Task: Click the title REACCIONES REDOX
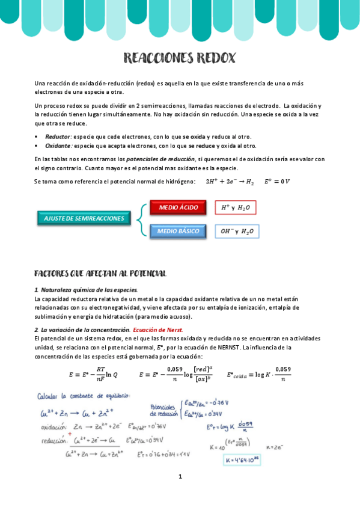(180, 58)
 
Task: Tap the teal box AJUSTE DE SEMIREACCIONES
(84, 218)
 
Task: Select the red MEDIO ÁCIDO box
(178, 207)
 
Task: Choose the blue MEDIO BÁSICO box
(178, 231)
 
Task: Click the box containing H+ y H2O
(235, 207)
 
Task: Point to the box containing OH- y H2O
(236, 231)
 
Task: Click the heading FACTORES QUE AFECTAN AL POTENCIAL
(100, 274)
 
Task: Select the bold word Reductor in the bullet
(58, 137)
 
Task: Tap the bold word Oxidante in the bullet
(59, 146)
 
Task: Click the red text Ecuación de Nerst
(158, 330)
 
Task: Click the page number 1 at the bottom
(180, 477)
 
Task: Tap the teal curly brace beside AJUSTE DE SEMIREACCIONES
(141, 219)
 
